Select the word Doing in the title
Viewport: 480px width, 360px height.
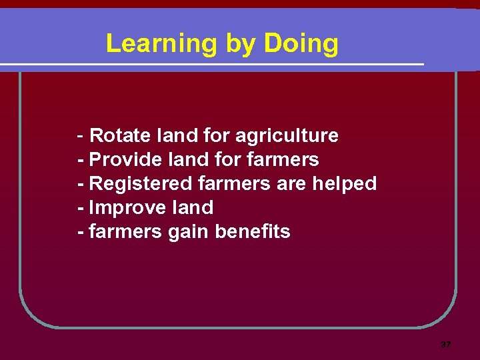point(301,45)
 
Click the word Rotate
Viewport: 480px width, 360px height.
point(120,136)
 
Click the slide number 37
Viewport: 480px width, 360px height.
point(446,345)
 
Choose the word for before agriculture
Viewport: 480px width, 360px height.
point(216,136)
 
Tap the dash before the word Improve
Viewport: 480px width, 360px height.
point(81,207)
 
